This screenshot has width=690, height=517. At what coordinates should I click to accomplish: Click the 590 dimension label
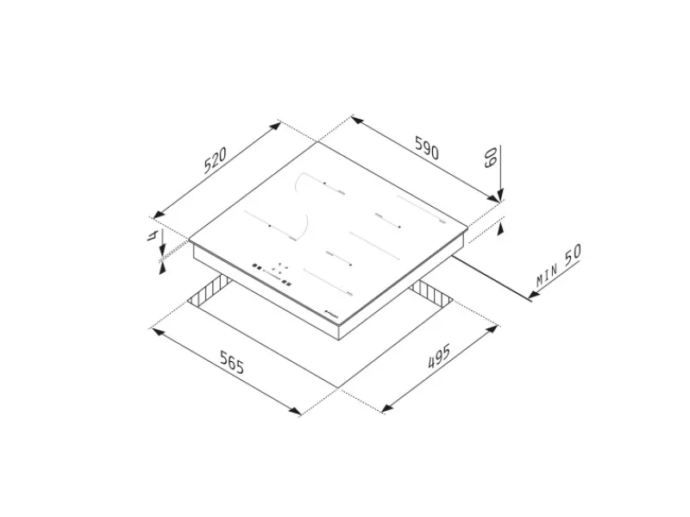[427, 147]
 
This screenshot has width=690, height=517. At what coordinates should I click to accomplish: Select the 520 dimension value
[215, 160]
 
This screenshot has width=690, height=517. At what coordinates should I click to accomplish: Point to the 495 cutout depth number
[439, 357]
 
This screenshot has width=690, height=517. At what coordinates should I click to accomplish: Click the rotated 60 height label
[491, 157]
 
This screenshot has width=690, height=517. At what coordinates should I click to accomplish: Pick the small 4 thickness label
[153, 235]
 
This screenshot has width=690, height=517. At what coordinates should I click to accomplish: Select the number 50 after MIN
[573, 254]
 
